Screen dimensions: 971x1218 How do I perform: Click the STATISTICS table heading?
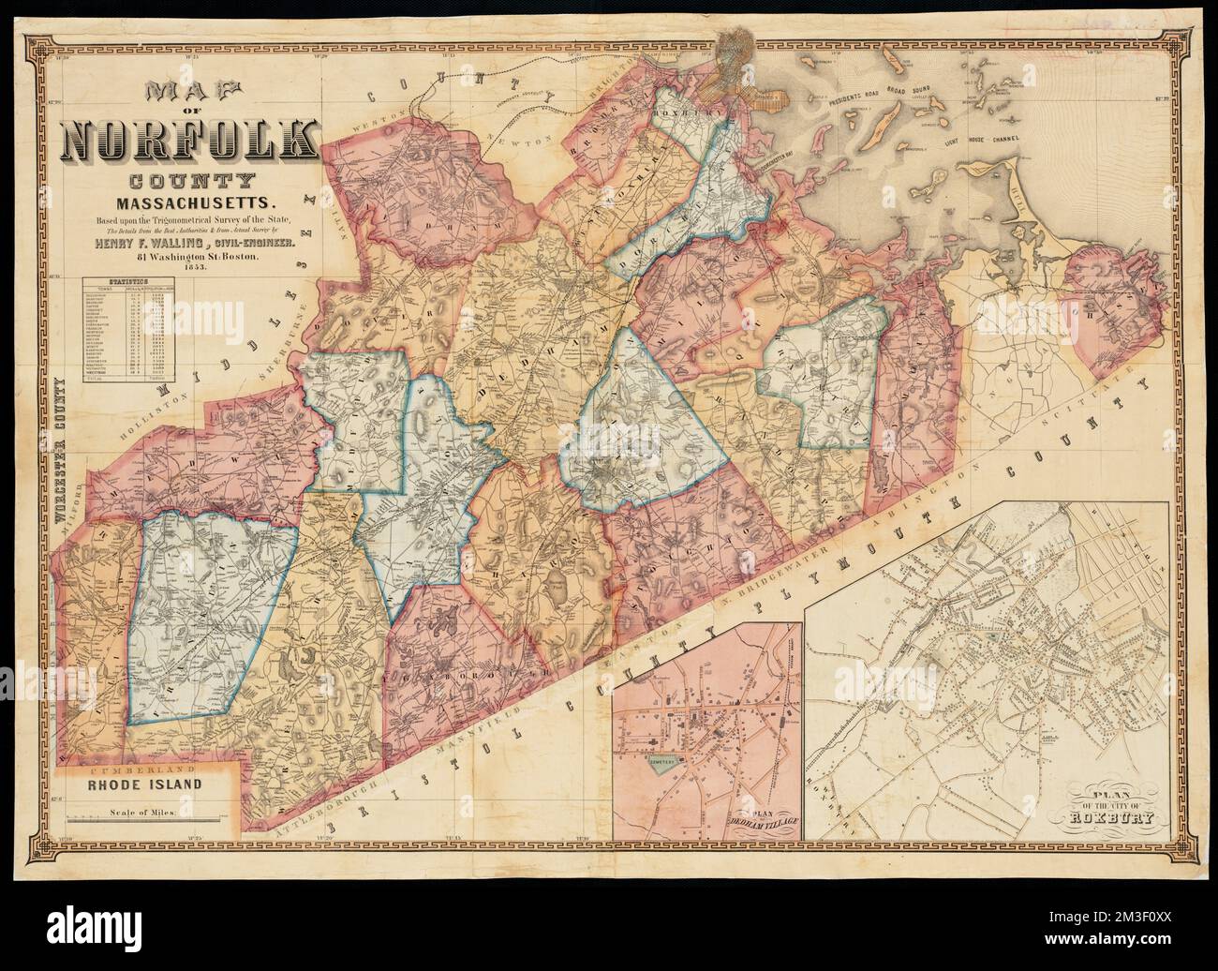(x=129, y=280)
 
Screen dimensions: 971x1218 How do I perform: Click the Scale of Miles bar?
(x=150, y=817)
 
